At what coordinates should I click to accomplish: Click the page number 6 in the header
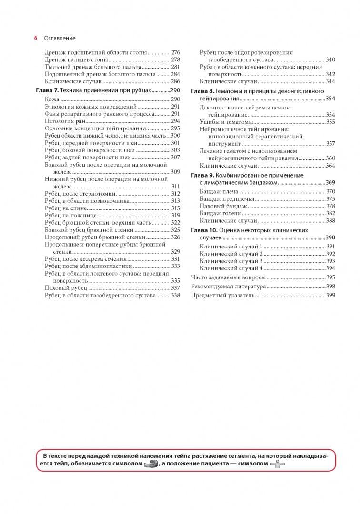point(36,38)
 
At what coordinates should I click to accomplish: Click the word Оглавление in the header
point(60,38)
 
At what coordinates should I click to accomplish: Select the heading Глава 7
point(47,90)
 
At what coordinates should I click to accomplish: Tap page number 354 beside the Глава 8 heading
point(330,99)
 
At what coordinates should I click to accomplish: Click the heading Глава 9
point(202,175)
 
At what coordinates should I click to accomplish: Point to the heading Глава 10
point(203,230)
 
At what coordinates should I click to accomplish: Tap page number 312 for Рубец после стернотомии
point(175,194)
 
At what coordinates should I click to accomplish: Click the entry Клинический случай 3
point(231,261)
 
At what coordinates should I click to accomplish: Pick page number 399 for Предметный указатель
point(330,296)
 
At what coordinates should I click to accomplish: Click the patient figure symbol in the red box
point(277,464)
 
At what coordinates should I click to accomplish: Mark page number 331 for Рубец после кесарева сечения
point(175,259)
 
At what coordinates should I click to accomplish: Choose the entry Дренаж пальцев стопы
point(76,60)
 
